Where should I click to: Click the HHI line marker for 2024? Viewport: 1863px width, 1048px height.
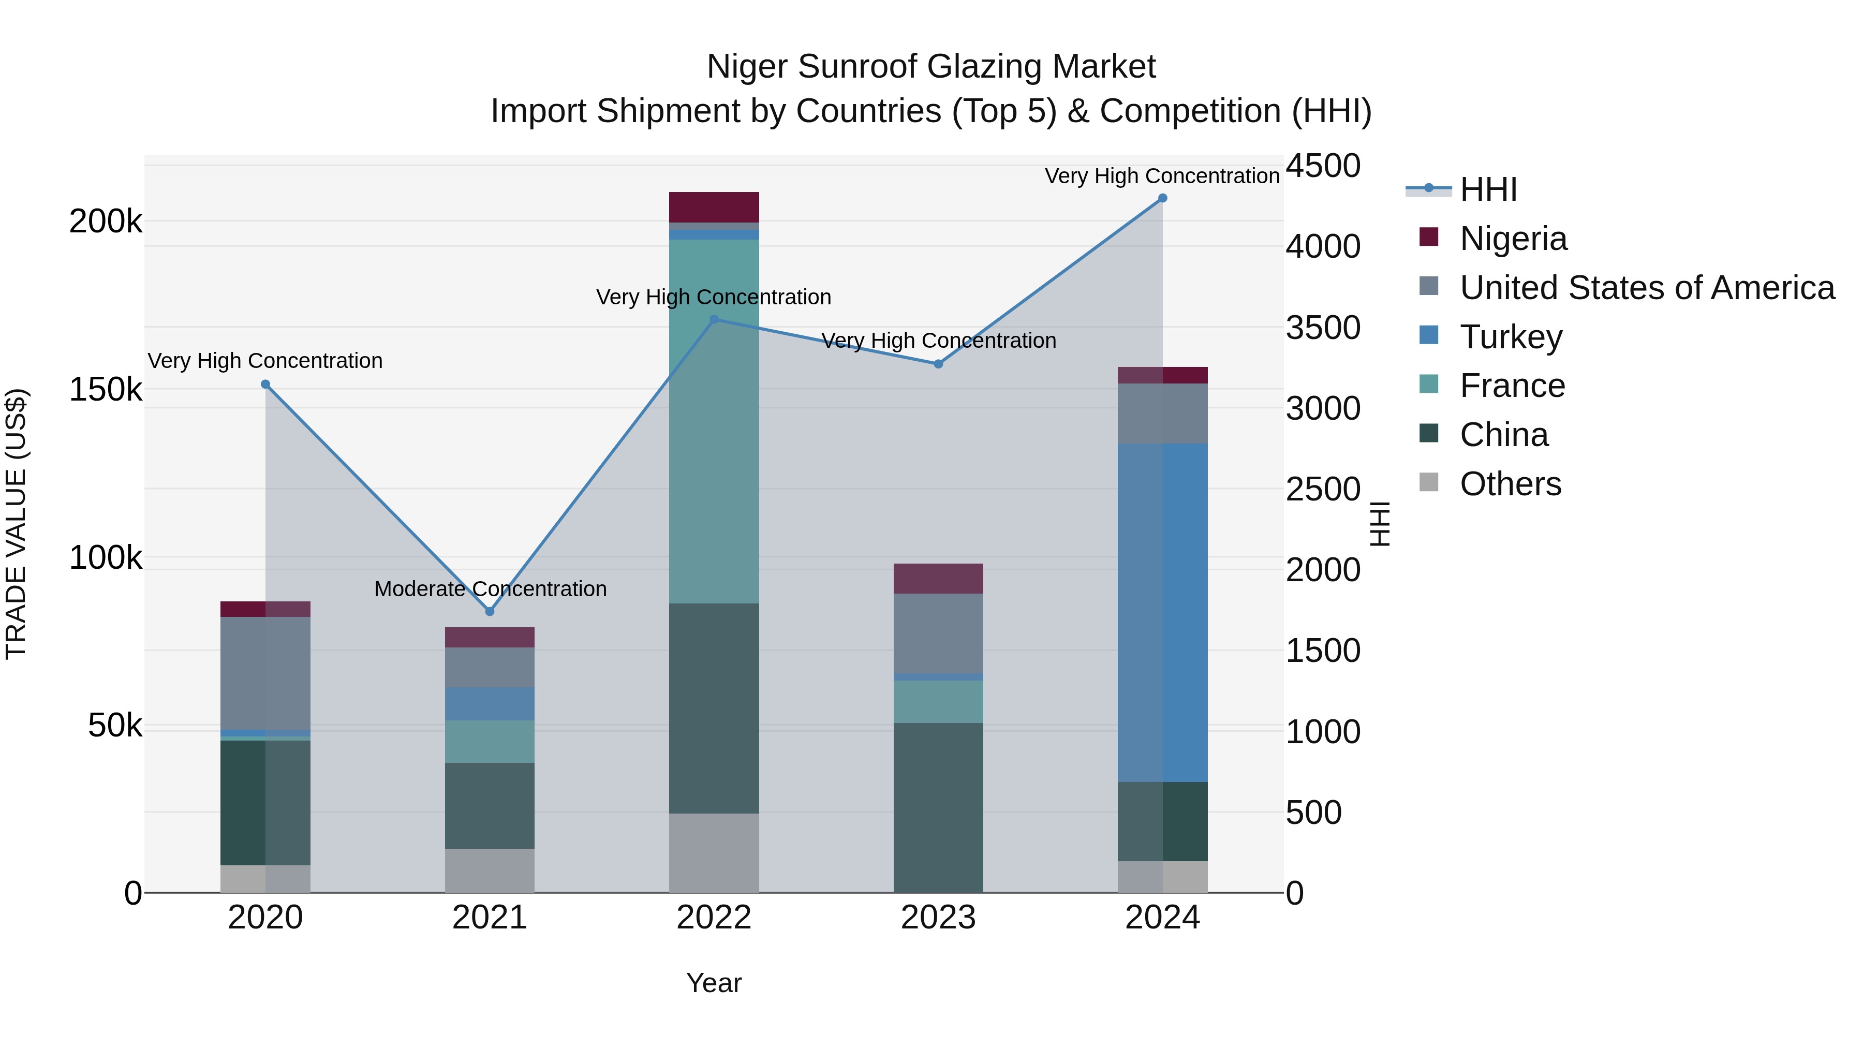tap(1162, 198)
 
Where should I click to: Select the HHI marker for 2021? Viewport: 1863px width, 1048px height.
tap(490, 611)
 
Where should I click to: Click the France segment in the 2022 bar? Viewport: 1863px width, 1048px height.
tap(714, 421)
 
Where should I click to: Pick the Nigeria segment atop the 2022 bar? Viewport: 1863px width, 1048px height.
tap(714, 207)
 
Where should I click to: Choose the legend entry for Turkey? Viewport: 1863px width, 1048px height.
tap(1511, 337)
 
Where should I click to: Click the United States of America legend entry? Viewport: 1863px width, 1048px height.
tap(1646, 288)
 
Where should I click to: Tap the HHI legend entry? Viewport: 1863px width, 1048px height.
tap(1488, 189)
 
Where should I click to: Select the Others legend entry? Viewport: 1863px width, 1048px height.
tap(1510, 484)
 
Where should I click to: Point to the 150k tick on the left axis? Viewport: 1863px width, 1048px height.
tap(106, 390)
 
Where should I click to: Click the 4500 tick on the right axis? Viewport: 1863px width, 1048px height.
tap(1323, 166)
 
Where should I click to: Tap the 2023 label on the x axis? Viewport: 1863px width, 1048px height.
tap(938, 918)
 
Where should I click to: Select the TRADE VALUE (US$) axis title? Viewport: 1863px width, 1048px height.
tap(16, 524)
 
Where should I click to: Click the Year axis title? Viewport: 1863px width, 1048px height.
tap(714, 983)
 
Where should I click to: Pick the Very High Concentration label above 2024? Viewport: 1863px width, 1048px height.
tap(1162, 176)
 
